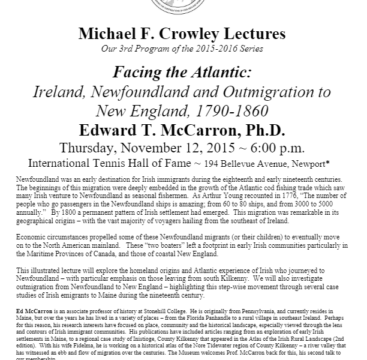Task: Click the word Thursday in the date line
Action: coord(111,146)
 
